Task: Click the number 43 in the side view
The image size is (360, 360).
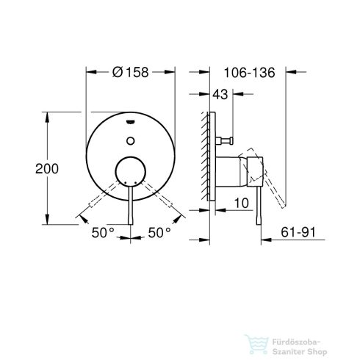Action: pos(220,93)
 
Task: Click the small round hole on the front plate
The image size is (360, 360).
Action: pos(131,137)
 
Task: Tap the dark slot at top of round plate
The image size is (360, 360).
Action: pos(131,123)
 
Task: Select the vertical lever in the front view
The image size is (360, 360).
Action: pos(131,209)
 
